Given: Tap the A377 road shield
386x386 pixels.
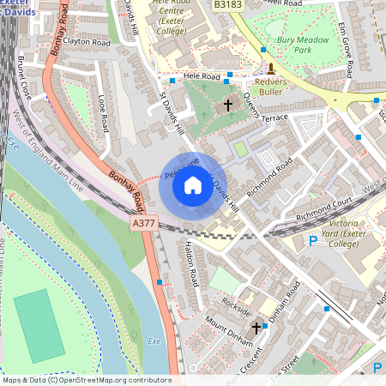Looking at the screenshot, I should point(144,222).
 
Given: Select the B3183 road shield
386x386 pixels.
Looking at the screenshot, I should point(227,5).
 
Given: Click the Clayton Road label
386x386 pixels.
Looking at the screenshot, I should point(87,41).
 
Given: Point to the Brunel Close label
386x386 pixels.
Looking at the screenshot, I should point(25,77).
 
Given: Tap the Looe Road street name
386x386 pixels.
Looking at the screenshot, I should point(103,112).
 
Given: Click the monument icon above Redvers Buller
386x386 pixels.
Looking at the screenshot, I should point(271,68).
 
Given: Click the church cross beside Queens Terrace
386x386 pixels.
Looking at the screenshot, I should point(227,105).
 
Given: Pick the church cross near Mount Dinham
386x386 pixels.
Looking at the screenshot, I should point(256,328).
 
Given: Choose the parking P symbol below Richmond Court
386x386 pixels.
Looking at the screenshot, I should point(313,242).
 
